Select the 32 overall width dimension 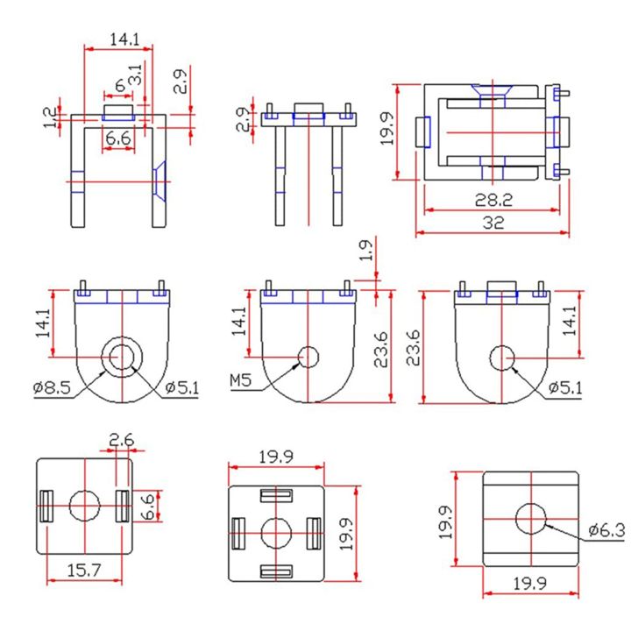(x=493, y=223)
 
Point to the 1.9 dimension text (x=365, y=252)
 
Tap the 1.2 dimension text (x=50, y=117)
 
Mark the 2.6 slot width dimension (x=121, y=438)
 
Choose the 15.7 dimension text (x=84, y=571)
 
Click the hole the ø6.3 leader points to (x=530, y=519)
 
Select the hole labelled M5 (x=308, y=357)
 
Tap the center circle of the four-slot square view (x=276, y=531)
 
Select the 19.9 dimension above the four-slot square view (x=275, y=455)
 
